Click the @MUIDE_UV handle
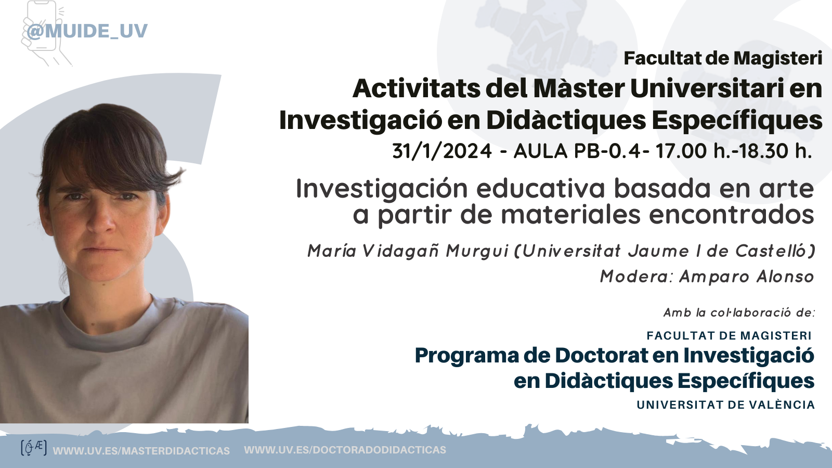point(87,31)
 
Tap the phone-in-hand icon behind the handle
point(46,33)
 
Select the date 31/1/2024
point(442,151)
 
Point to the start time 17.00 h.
point(693,151)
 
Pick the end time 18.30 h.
point(774,151)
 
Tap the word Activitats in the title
point(416,89)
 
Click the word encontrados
point(731,215)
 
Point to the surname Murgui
point(477,252)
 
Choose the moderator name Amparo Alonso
point(747,277)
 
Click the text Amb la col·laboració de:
point(739,313)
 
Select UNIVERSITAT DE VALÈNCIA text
point(726,405)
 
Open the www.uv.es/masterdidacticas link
point(141,451)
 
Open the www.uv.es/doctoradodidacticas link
point(345,450)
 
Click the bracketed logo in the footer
point(34,448)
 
